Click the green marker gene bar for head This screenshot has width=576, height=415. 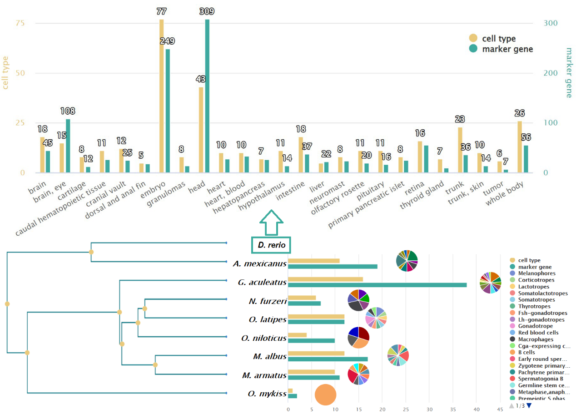207,96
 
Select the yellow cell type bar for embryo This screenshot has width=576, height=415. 161,96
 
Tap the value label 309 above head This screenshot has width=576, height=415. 207,11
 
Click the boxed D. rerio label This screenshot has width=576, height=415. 271,245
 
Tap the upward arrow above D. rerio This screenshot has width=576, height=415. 271,222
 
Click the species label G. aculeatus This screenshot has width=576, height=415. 262,283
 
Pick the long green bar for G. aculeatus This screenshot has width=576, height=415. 377,285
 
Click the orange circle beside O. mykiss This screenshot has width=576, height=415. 325,395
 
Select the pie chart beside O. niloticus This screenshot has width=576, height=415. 358,338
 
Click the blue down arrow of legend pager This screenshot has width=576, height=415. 529,405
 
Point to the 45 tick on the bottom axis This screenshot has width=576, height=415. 500,409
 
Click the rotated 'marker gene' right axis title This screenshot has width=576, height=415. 567,73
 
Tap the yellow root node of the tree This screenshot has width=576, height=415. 7,304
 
